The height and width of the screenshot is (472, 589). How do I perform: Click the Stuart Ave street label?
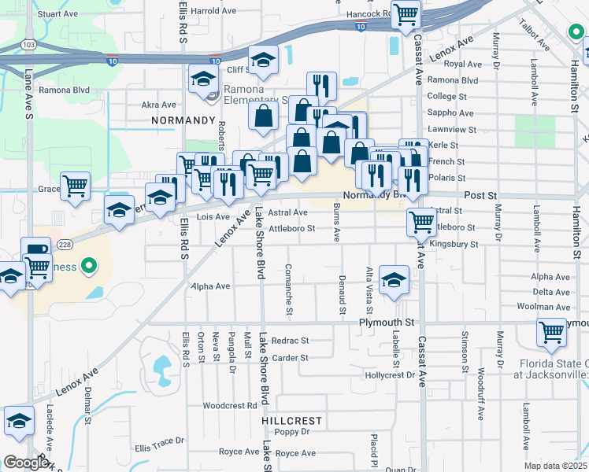[57, 14]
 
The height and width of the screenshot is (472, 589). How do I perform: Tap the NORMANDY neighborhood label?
[183, 120]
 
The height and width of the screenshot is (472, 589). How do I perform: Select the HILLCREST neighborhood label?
[292, 421]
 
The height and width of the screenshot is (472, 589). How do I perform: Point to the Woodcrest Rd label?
[230, 406]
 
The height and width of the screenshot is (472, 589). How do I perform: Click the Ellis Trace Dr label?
[159, 448]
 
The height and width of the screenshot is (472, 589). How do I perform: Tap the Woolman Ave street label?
[550, 307]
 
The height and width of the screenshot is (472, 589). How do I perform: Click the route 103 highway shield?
[28, 45]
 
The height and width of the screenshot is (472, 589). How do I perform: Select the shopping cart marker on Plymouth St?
[551, 331]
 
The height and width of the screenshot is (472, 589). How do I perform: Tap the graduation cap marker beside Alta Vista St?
[394, 279]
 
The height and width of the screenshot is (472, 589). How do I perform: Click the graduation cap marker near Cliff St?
[263, 59]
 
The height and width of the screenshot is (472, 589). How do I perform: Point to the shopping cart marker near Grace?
[75, 186]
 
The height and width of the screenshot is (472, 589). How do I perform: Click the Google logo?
[27, 463]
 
